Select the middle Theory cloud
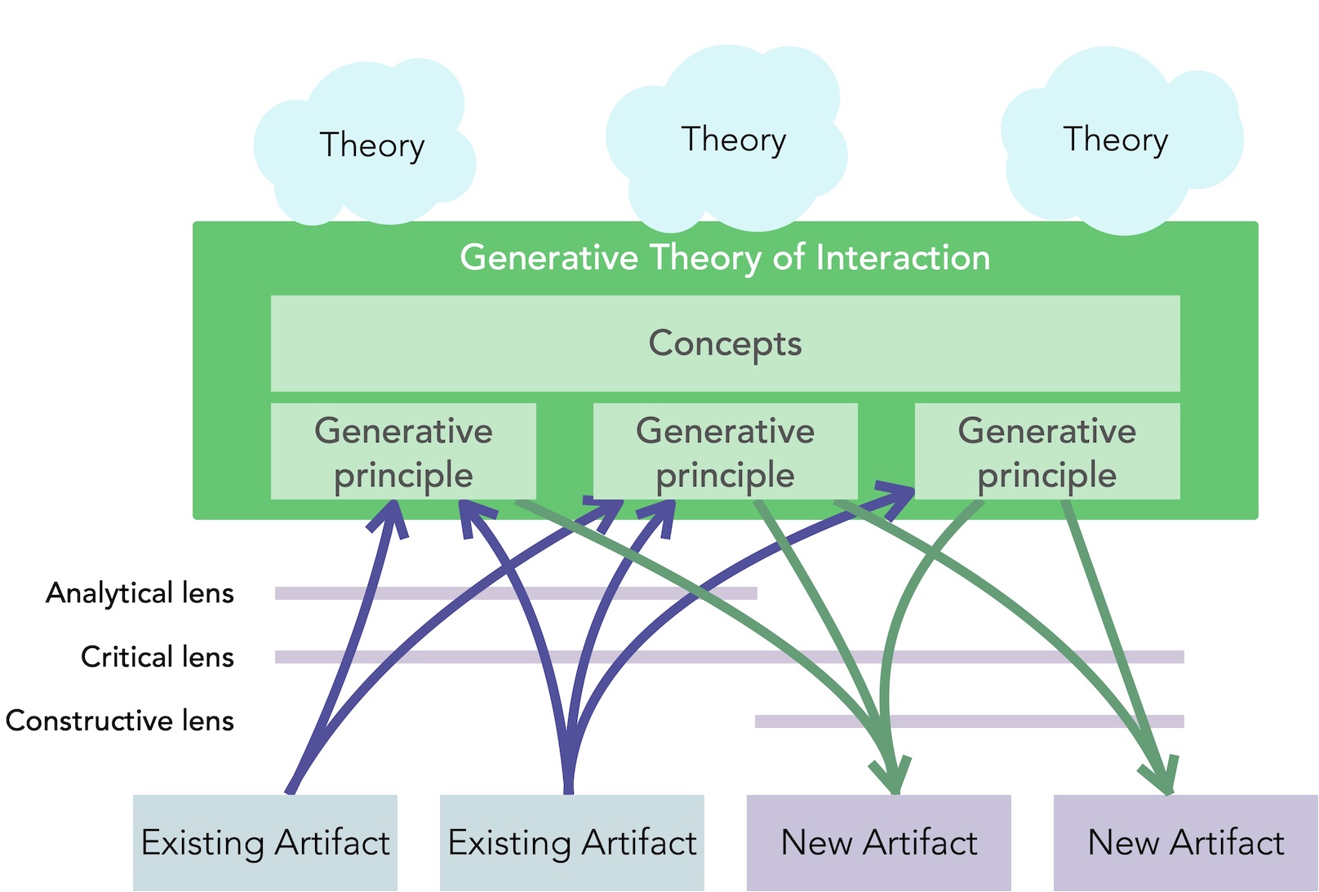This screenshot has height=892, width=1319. point(727,139)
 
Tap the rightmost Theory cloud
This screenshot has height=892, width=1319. point(1122,141)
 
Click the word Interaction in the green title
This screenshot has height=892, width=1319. point(903,257)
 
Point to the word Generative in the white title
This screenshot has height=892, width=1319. point(548,257)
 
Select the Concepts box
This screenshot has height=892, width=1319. point(726,344)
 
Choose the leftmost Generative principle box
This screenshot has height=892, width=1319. point(403,451)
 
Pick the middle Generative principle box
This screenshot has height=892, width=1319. point(726,451)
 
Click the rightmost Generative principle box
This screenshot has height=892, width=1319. point(1047,451)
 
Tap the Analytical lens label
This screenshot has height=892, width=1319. point(140,593)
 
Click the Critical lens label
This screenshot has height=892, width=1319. point(158,656)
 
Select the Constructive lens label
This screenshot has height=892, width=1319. point(120,721)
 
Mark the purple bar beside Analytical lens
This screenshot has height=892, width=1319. point(516,593)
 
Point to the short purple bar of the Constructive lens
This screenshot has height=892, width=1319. point(969,721)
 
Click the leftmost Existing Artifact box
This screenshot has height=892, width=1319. point(265,842)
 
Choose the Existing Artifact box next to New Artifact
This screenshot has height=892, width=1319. point(572,842)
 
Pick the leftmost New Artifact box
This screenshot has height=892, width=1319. point(878,842)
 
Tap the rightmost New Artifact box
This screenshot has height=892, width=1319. point(1185,842)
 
